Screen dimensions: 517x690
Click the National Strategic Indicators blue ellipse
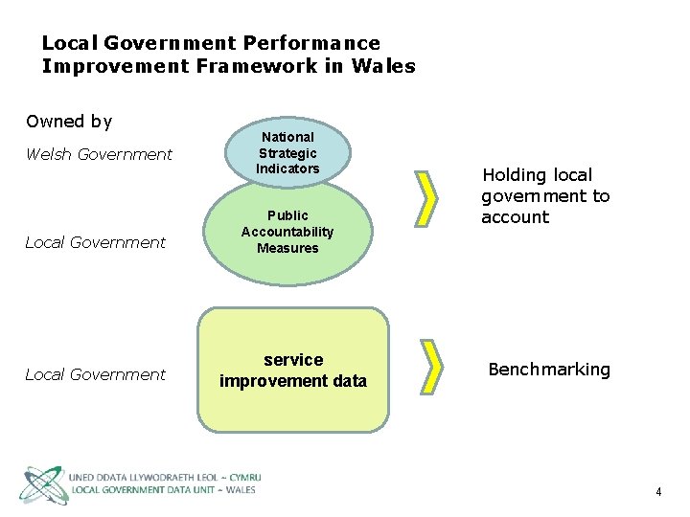pyautogui.click(x=287, y=151)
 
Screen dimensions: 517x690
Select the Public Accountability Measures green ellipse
pyautogui.click(x=287, y=233)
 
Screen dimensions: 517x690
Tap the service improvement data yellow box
pyautogui.click(x=293, y=370)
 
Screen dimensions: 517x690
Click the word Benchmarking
pyautogui.click(x=549, y=370)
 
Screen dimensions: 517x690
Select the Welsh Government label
pyautogui.click(x=99, y=154)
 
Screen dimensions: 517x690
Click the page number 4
pyautogui.click(x=658, y=492)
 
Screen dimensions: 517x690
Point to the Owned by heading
pyautogui.click(x=69, y=122)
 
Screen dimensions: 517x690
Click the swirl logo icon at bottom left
pyautogui.click(x=42, y=484)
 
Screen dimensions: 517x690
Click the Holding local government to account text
pyautogui.click(x=545, y=195)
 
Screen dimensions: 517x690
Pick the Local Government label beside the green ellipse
pyautogui.click(x=95, y=242)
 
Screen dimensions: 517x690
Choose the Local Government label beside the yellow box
pyautogui.click(x=95, y=374)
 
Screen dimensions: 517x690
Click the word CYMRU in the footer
pyautogui.click(x=241, y=477)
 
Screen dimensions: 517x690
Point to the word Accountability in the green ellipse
pyautogui.click(x=287, y=232)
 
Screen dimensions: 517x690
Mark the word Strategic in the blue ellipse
pyautogui.click(x=287, y=153)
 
